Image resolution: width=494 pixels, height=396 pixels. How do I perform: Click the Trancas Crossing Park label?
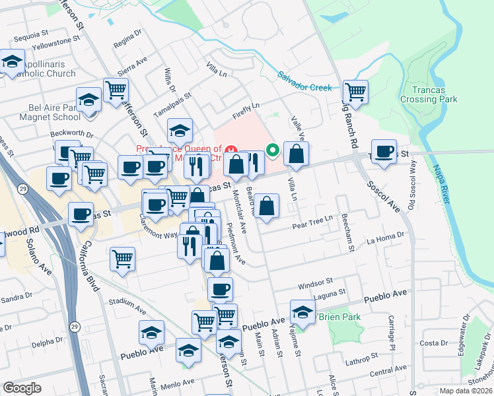(x=429, y=94)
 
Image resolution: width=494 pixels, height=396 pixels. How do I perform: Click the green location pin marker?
(x=271, y=150)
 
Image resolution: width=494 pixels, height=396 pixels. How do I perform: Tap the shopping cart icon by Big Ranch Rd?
(x=355, y=92)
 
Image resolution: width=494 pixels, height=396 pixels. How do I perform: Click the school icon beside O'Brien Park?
(x=302, y=312)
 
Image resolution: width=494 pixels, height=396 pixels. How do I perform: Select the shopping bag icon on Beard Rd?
(x=266, y=206)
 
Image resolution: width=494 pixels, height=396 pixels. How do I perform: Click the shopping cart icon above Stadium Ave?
(x=123, y=259)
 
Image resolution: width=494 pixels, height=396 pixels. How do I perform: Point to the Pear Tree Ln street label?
(x=312, y=224)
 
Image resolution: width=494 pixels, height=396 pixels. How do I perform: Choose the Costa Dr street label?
(x=434, y=343)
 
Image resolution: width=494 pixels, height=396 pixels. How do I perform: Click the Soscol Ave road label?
(x=384, y=197)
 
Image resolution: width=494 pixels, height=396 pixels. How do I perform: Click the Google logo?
(x=22, y=388)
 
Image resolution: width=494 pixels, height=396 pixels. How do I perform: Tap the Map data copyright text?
(x=465, y=391)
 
